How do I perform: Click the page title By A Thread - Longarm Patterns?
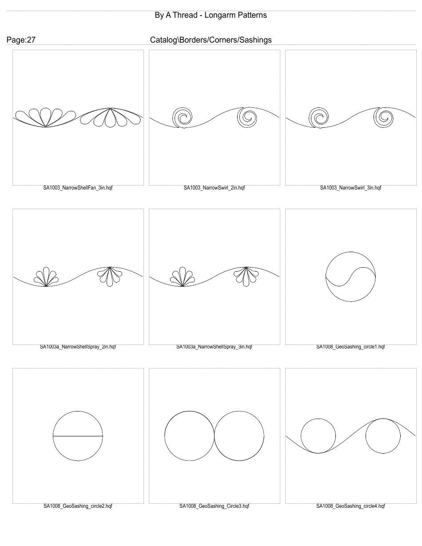pos(211,15)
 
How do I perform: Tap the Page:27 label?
pos(21,40)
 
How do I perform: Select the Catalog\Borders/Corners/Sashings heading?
pos(211,40)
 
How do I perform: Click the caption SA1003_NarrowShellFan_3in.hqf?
pos(78,188)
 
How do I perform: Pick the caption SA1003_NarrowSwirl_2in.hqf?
pos(214,188)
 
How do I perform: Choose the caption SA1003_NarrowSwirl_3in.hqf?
pos(350,188)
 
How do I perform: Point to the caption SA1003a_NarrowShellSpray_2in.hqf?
pos(78,347)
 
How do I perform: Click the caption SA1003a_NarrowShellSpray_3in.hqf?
pos(214,347)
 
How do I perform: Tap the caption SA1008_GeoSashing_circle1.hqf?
pos(350,347)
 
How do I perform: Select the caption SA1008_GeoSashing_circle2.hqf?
pos(78,506)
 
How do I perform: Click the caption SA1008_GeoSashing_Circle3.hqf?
pos(214,506)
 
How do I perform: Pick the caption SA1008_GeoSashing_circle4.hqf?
pos(350,506)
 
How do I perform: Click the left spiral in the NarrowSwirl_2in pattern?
pos(182,118)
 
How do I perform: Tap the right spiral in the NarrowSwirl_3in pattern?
pos(382,118)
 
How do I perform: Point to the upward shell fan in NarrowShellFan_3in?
pos(44,117)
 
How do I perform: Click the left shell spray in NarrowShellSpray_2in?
pos(46,277)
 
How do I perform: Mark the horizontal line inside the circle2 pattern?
pos(78,436)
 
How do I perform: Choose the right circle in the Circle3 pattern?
pos(239,436)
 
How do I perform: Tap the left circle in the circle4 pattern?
pos(318,436)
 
